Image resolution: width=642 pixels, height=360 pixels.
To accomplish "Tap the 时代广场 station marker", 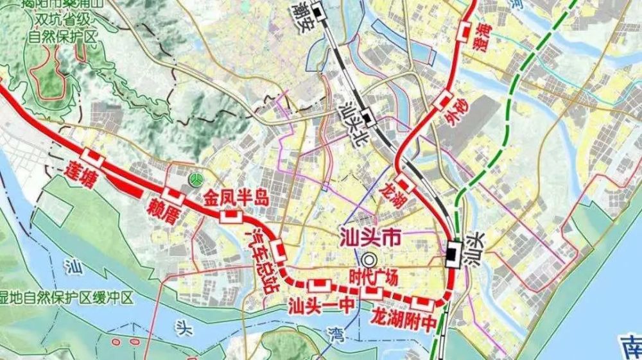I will [372, 293].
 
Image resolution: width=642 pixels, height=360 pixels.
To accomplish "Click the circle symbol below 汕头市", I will [369, 259].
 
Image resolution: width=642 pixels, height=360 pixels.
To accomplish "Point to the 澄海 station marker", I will [465, 30].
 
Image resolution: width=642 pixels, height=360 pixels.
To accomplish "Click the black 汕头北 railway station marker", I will [367, 117].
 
